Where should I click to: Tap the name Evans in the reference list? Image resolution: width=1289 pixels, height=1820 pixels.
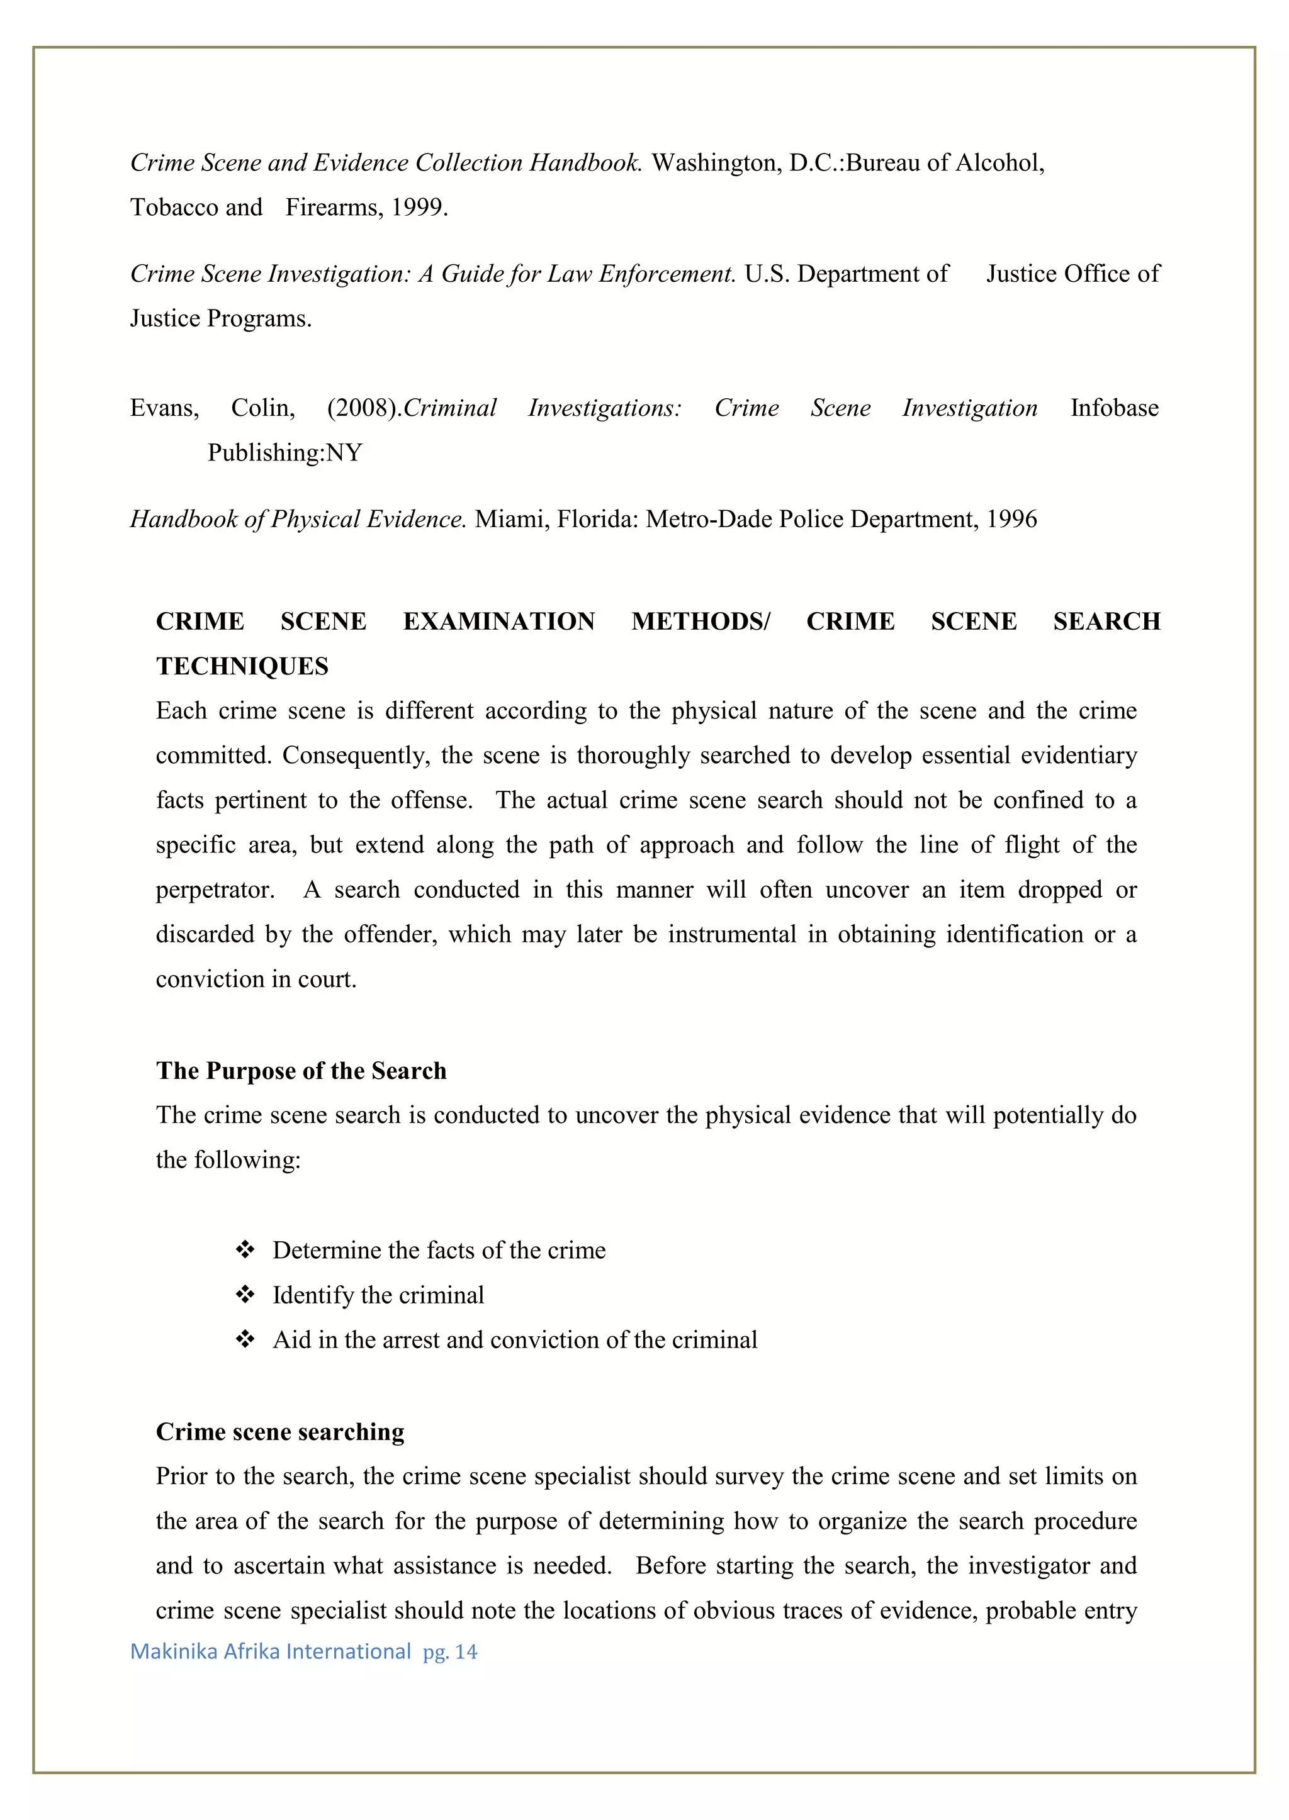point(164,408)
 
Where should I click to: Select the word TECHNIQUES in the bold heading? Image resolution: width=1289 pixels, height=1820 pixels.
point(242,666)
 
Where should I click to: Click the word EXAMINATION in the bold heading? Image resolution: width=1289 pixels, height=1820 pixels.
point(498,621)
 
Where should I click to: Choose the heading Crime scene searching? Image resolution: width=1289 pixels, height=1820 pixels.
point(279,1431)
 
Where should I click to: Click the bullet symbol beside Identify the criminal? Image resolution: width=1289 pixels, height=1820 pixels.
point(245,1295)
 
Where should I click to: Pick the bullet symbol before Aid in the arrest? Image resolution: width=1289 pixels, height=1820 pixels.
point(245,1339)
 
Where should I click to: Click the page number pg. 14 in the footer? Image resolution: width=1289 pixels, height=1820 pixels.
point(450,1652)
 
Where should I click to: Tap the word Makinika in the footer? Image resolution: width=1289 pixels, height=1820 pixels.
point(174,1652)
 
